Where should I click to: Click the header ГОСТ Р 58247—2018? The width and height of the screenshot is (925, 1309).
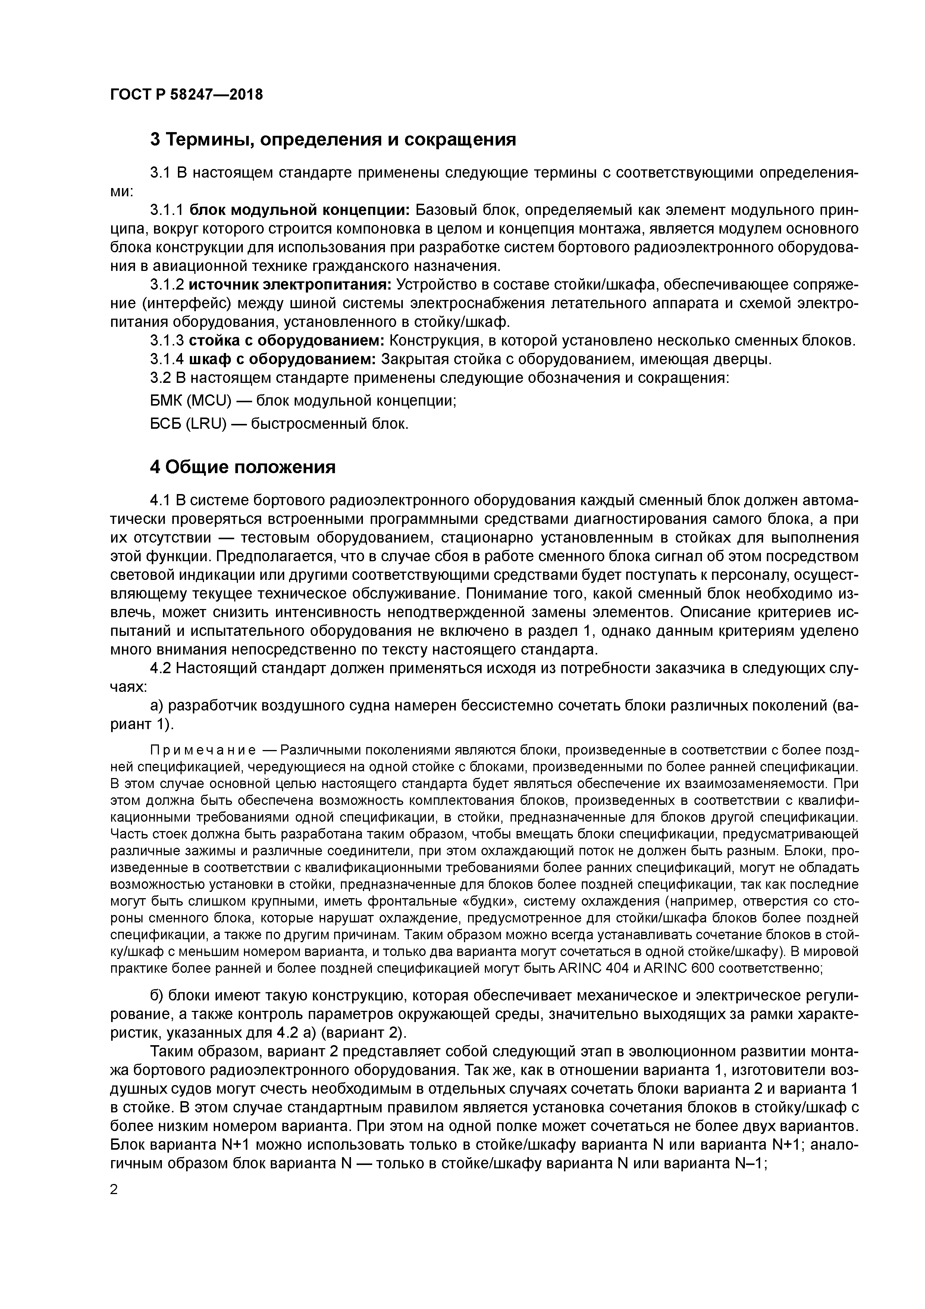point(186,95)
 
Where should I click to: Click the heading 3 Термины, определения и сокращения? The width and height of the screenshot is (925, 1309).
point(333,139)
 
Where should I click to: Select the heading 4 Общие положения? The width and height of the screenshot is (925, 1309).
point(242,467)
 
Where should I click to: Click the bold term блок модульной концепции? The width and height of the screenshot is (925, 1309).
point(299,210)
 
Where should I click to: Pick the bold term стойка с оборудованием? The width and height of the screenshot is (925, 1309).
point(286,341)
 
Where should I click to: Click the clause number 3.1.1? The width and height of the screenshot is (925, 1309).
point(166,210)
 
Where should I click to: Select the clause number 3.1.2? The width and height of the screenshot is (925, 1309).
point(166,284)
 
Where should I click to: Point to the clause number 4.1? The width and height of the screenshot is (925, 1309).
point(160,500)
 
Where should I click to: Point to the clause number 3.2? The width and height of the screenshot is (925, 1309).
point(160,378)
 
